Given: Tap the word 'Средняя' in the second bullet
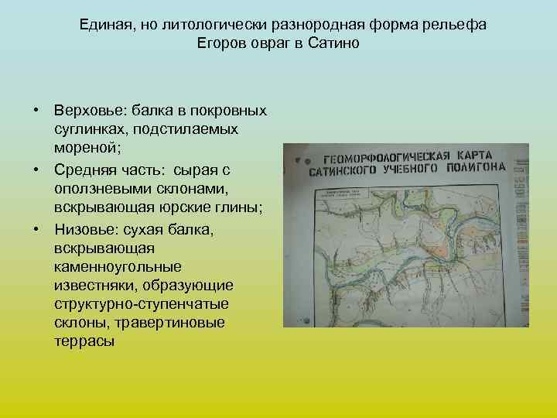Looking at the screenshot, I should tap(80, 170).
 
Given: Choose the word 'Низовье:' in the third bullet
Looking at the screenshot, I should tap(84, 230).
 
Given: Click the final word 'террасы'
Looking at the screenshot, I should tap(84, 339).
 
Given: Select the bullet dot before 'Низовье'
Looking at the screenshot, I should tap(36, 230).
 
